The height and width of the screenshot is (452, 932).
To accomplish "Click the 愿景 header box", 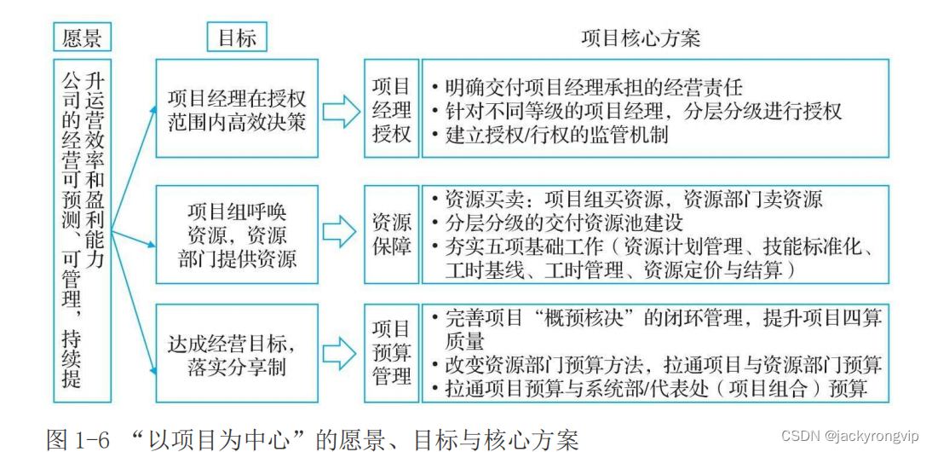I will tap(83, 38).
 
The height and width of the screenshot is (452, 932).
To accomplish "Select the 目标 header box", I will tap(237, 38).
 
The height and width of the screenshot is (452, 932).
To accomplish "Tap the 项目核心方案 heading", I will tap(641, 38).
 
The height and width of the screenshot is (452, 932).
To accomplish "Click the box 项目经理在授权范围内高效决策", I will tap(237, 108).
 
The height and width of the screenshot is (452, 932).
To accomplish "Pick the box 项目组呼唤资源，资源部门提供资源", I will tap(237, 235).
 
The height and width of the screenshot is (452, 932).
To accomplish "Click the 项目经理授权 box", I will tap(391, 109).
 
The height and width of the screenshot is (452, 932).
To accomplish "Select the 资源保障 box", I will tap(391, 235).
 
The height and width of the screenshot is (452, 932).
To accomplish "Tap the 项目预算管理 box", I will tap(391, 351).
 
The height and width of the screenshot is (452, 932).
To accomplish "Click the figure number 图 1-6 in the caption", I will tap(78, 439).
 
